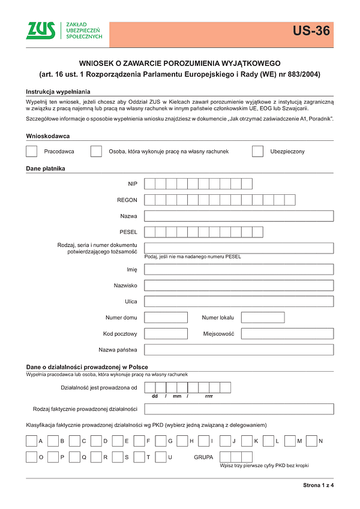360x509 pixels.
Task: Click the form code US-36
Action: (311, 31)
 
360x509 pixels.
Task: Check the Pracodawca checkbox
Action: (32, 151)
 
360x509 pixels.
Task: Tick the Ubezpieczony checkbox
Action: (257, 151)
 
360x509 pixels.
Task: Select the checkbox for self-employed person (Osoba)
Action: (96, 151)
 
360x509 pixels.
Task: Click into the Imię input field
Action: (239, 269)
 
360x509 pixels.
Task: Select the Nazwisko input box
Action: (239, 285)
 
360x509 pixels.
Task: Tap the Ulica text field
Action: (239, 302)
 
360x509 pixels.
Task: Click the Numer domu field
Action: (166, 318)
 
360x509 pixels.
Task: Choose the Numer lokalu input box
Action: (262, 318)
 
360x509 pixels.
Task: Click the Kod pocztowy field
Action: (166, 334)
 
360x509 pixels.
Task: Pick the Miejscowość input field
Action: (287, 334)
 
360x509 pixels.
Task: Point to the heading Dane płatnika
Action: (45, 168)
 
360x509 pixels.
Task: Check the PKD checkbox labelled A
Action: (32, 441)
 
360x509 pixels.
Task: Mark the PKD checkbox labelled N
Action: (311, 441)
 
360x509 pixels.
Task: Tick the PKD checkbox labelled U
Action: (161, 457)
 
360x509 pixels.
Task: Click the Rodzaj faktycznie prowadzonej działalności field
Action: (239, 409)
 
